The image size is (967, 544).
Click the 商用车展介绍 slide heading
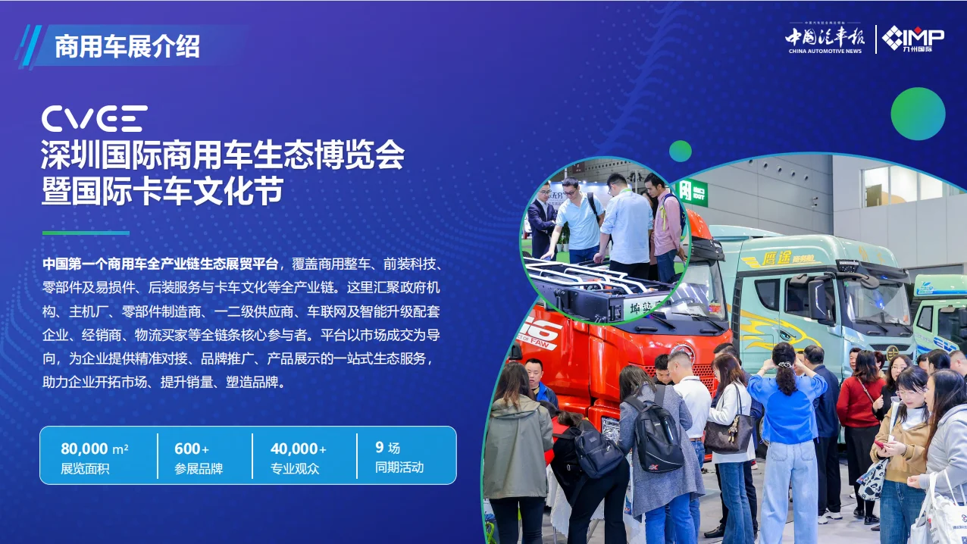click(x=127, y=47)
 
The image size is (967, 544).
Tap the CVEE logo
click(x=94, y=119)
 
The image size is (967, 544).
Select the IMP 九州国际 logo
click(x=913, y=39)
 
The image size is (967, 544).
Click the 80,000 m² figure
click(x=94, y=449)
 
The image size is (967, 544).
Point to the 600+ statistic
click(x=192, y=449)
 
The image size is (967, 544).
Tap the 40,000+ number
click(x=299, y=449)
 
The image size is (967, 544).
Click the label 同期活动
click(x=399, y=467)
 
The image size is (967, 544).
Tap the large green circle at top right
click(x=918, y=114)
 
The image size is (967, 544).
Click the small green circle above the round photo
click(x=681, y=151)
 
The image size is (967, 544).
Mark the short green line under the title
click(x=86, y=233)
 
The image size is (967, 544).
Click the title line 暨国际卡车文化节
click(x=162, y=191)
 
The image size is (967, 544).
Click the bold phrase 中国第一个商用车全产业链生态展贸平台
click(x=161, y=264)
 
